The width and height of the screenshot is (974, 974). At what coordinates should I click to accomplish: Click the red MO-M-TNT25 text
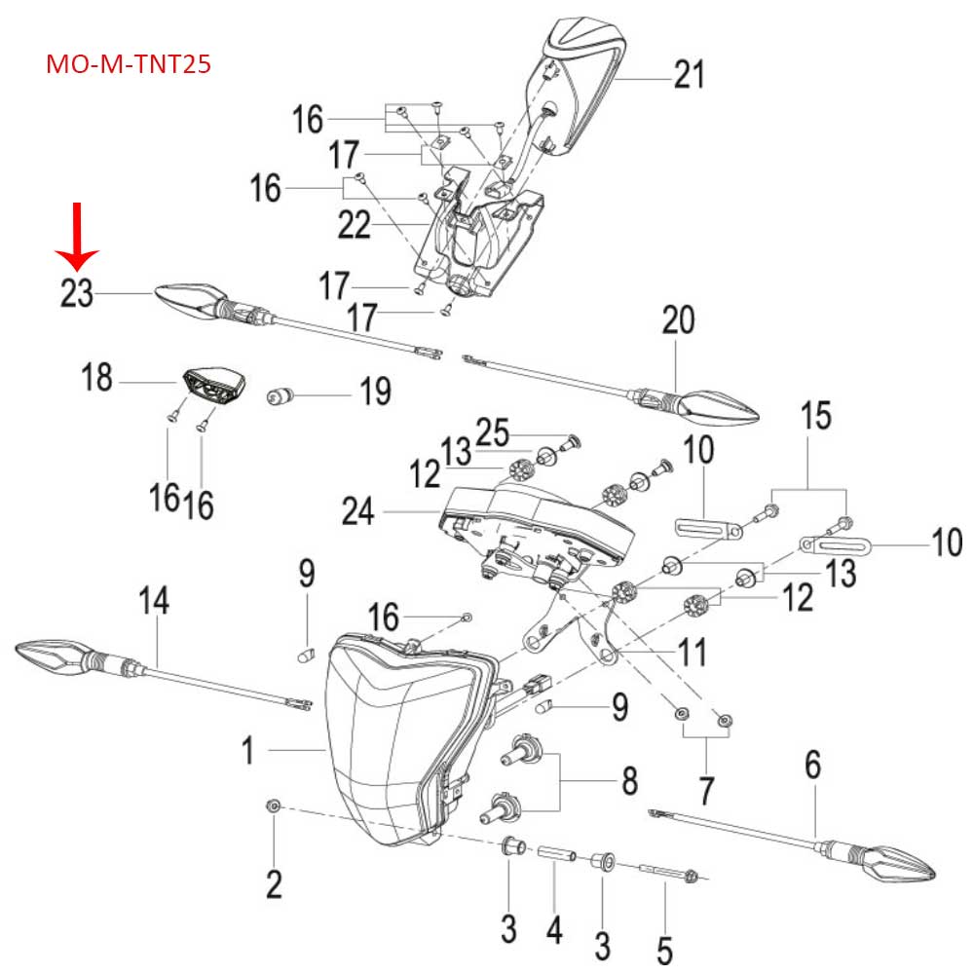[130, 66]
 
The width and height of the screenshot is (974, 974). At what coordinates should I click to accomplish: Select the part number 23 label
[77, 293]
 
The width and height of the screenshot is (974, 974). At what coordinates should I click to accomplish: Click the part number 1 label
[247, 750]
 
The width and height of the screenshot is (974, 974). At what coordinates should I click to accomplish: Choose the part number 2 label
[274, 883]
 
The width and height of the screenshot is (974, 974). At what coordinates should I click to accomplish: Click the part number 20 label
[678, 320]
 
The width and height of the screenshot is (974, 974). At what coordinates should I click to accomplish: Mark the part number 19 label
[374, 393]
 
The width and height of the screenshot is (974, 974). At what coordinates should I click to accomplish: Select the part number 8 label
[630, 780]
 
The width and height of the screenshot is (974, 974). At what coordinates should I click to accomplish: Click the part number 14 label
[154, 602]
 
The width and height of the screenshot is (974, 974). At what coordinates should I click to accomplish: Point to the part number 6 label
[813, 766]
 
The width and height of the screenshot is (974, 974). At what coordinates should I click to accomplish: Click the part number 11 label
[693, 651]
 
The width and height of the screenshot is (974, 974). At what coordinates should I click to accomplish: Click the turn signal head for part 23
[190, 299]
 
